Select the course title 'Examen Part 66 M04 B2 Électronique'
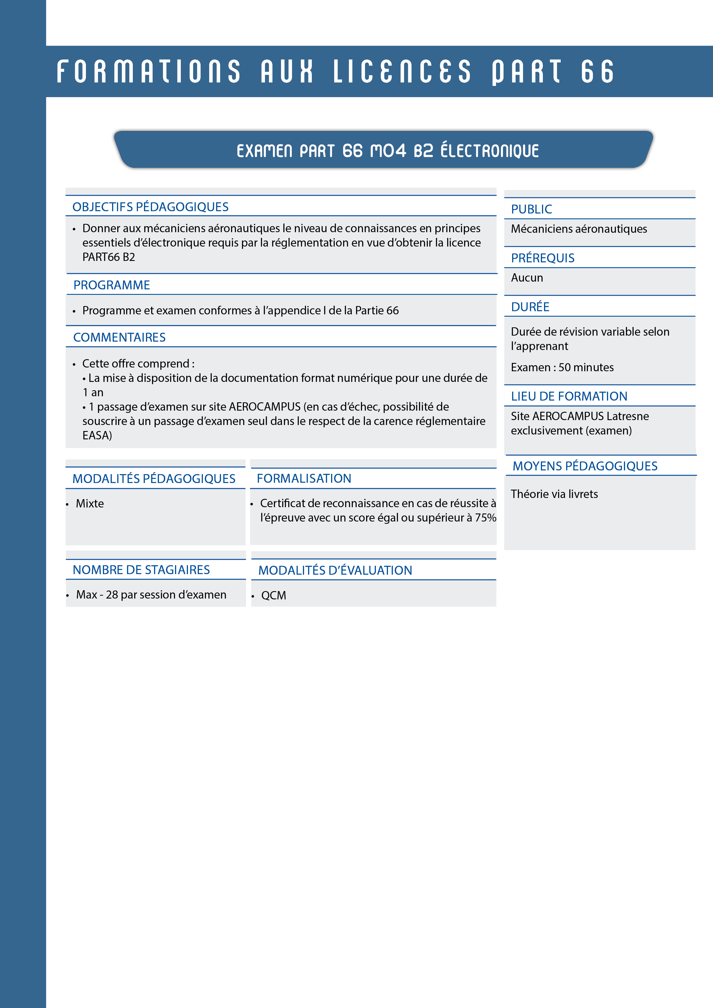387,151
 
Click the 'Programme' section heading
112,285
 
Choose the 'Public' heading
531,209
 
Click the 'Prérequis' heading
542,258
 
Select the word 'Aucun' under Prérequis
527,278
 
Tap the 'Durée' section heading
530,306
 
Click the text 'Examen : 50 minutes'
562,367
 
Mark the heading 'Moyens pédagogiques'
585,466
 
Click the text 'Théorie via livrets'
554,494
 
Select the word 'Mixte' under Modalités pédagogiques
90,503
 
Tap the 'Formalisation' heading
304,478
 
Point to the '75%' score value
486,518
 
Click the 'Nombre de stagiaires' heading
141,570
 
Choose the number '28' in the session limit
112,595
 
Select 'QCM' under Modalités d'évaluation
274,595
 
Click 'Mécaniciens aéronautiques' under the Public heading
579,229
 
